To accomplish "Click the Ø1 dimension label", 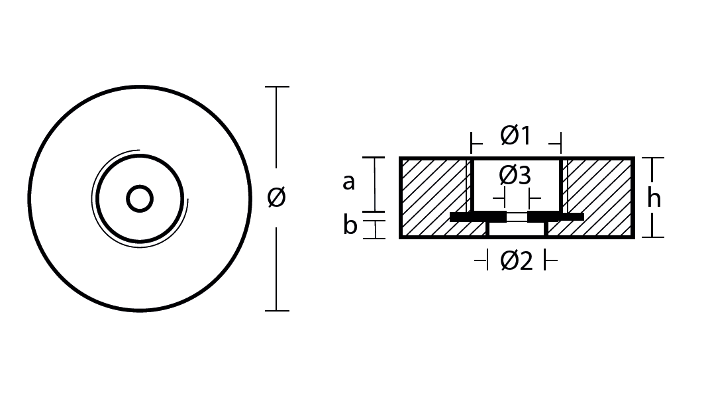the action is tap(515, 135).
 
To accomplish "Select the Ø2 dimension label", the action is tap(516, 261).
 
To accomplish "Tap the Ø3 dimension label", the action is tap(515, 176).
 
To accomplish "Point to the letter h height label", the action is tap(654, 198).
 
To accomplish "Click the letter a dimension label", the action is tap(348, 182).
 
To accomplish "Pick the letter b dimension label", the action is tap(350, 225).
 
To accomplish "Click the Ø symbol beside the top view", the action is tap(276, 198).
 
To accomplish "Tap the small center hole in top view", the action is tap(140, 198).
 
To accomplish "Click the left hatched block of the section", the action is tap(434, 197).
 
